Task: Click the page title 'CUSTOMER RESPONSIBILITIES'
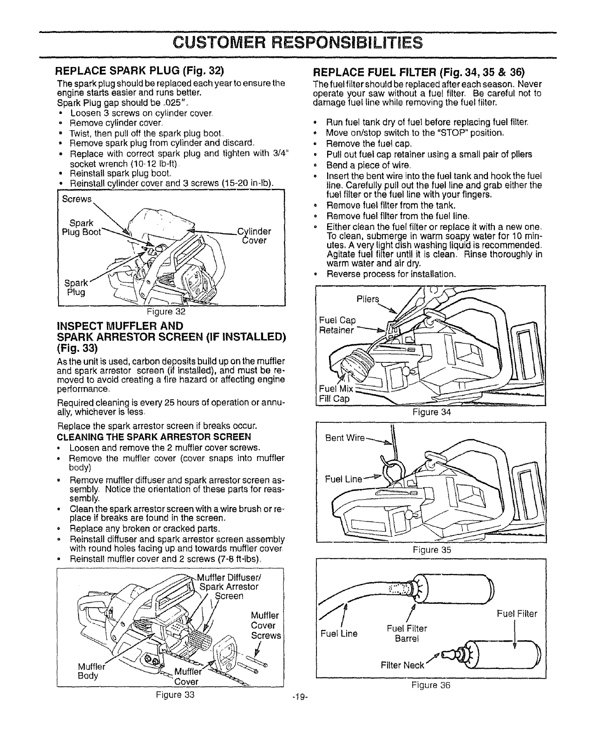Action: pos(296,43)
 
